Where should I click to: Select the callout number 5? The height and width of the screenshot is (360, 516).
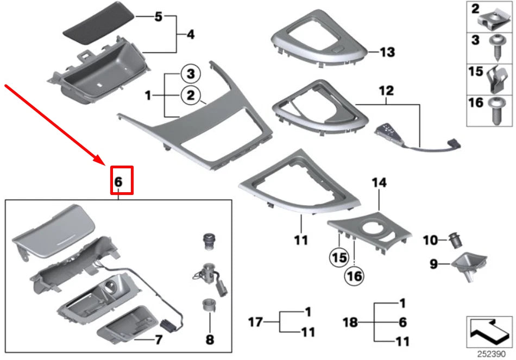click(158, 17)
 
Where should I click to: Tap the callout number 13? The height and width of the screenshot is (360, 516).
click(387, 53)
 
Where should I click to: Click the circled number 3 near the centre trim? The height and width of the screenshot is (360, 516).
click(191, 73)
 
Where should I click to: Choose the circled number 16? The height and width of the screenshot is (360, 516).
click(354, 276)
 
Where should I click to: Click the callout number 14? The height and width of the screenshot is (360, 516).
click(379, 184)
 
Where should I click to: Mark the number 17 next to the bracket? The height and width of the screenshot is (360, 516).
click(255, 323)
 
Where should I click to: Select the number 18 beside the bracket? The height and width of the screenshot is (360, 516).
click(351, 323)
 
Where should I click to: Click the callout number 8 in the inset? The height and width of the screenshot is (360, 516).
click(210, 340)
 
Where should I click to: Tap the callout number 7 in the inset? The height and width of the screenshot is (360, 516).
click(159, 340)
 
